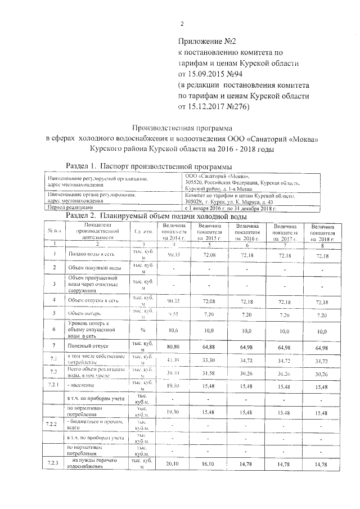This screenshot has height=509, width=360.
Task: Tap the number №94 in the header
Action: [235, 74]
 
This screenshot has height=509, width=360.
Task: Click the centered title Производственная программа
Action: [179, 128]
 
